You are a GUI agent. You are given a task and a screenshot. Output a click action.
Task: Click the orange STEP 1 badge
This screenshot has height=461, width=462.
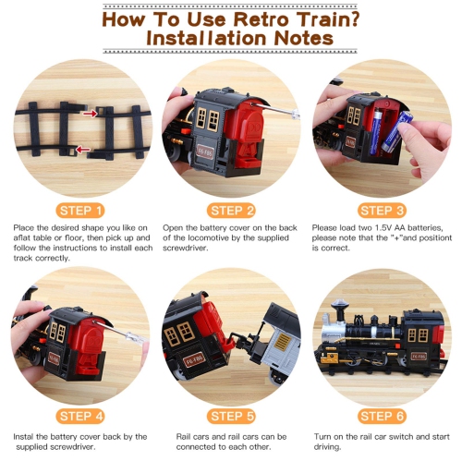tap(79, 210)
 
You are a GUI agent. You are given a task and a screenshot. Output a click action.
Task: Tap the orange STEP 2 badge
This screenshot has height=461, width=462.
tap(231, 210)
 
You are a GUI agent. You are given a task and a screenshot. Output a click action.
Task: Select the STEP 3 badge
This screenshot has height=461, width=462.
tap(381, 210)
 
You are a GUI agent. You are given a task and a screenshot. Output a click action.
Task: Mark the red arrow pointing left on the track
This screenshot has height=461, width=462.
tap(82, 148)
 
